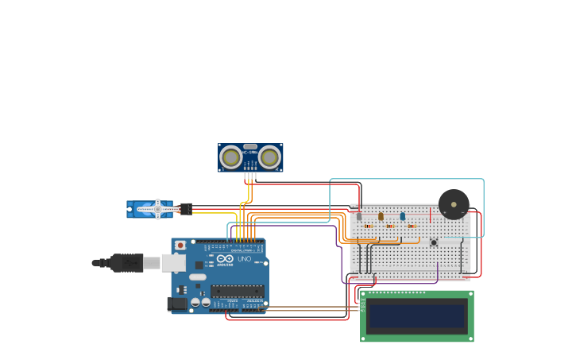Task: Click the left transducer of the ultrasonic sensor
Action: tap(231, 157)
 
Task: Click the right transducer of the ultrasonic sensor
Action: tap(269, 157)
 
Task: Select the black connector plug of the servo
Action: tap(186, 209)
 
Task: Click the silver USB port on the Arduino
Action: tap(172, 262)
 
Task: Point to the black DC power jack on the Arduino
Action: tap(177, 304)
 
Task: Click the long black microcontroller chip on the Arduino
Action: tap(237, 291)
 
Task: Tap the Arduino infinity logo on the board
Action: tap(225, 259)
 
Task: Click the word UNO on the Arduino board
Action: tap(244, 259)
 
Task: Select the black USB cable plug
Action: tap(128, 262)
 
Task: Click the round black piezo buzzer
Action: tap(454, 204)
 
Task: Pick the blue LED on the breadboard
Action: tap(403, 215)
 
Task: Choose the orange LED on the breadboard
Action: tap(381, 215)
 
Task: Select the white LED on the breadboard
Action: tap(359, 215)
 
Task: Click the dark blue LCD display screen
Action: tap(416, 315)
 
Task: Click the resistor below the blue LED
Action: tap(412, 226)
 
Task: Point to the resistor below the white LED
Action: tap(368, 226)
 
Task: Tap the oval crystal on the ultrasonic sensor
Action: tap(250, 147)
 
